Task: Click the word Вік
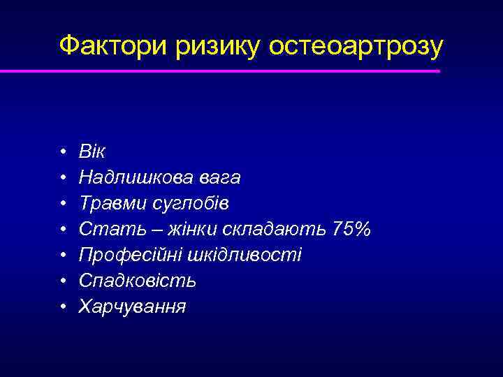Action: [92, 152]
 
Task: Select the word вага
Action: [220, 178]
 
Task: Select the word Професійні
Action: [129, 255]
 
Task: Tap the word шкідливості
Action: [244, 255]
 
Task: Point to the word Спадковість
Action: [138, 281]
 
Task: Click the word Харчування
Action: [133, 306]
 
